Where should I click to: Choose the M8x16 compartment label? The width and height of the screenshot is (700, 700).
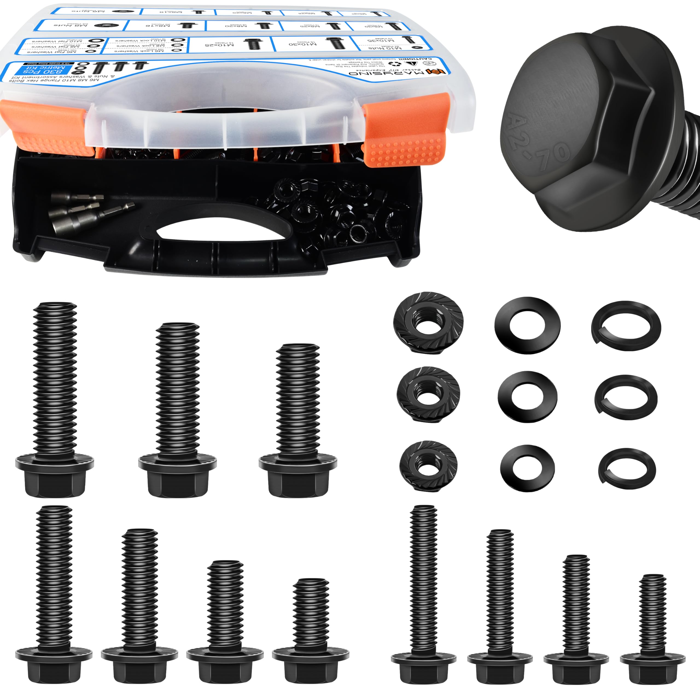[x=157, y=26]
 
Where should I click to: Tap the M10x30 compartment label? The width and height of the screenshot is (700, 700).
[x=302, y=44]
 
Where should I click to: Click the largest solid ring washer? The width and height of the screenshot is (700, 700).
[x=527, y=325]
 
